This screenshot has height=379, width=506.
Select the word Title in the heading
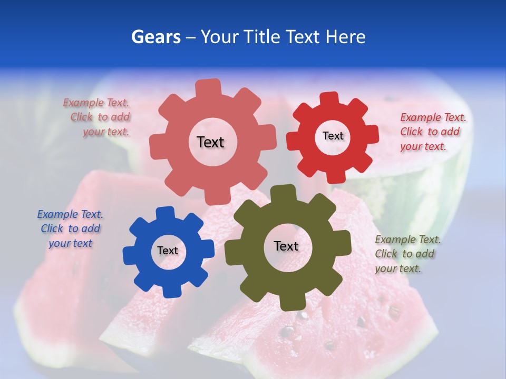click(262, 37)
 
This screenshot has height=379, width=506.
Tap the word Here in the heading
click(346, 37)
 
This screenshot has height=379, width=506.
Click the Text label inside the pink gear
click(210, 142)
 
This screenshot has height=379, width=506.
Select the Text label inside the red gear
click(333, 136)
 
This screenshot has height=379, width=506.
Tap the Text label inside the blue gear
click(167, 251)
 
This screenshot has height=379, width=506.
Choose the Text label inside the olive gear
click(286, 246)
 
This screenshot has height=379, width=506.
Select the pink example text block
click(97, 117)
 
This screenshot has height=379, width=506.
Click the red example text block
click(433, 132)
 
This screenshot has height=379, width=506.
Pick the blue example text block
click(70, 228)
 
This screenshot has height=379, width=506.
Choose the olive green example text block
click(408, 254)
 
